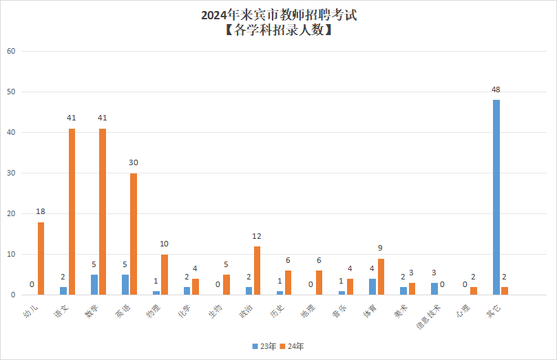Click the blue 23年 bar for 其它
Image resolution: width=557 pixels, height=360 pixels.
pyautogui.click(x=496, y=198)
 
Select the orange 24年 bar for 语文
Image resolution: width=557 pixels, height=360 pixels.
pyautogui.click(x=72, y=212)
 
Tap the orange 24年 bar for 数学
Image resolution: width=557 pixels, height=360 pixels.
pyautogui.click(x=103, y=212)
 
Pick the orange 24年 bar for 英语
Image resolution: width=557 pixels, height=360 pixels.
pyautogui.click(x=134, y=234)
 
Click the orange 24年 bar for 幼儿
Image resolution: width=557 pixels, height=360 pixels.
pyautogui.click(x=41, y=258)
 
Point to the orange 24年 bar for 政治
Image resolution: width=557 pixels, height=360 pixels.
pyautogui.click(x=257, y=271)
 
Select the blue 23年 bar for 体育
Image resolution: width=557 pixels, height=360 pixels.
pyautogui.click(x=372, y=287)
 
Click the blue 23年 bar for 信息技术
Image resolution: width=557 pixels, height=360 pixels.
pyautogui.click(x=434, y=289)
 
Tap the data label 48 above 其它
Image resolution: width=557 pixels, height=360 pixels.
pyautogui.click(x=496, y=90)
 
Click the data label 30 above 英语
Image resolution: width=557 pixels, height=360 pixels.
pyautogui.click(x=134, y=162)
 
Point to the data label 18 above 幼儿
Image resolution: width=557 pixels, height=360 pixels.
pyautogui.click(x=41, y=211)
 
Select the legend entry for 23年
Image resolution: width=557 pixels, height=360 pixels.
pyautogui.click(x=260, y=346)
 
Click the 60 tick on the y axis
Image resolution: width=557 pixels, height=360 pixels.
pyautogui.click(x=10, y=51)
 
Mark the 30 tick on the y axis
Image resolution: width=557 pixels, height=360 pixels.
pyautogui.click(x=10, y=173)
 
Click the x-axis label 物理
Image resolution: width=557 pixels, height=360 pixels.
pyautogui.click(x=154, y=311)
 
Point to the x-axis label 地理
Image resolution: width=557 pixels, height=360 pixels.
pyautogui.click(x=308, y=311)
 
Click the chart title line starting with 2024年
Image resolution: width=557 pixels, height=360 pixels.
pyautogui.click(x=279, y=14)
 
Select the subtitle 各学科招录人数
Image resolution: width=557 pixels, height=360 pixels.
pyautogui.click(x=279, y=30)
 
